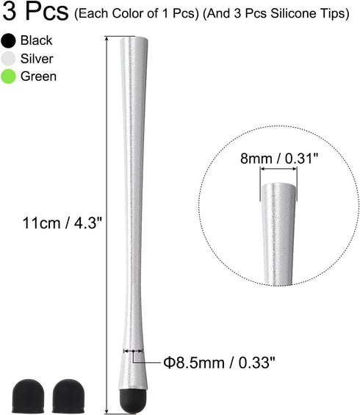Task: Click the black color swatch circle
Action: coord(9,41)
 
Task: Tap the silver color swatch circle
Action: coord(9,59)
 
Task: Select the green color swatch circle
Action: coord(9,76)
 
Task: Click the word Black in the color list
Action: coord(37,41)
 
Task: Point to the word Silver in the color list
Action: coord(37,59)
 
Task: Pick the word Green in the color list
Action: coord(37,76)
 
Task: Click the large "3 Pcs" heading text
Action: coord(36,12)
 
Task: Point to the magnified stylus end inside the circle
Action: coord(278,235)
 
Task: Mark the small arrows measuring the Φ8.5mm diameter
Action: coord(133,351)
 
